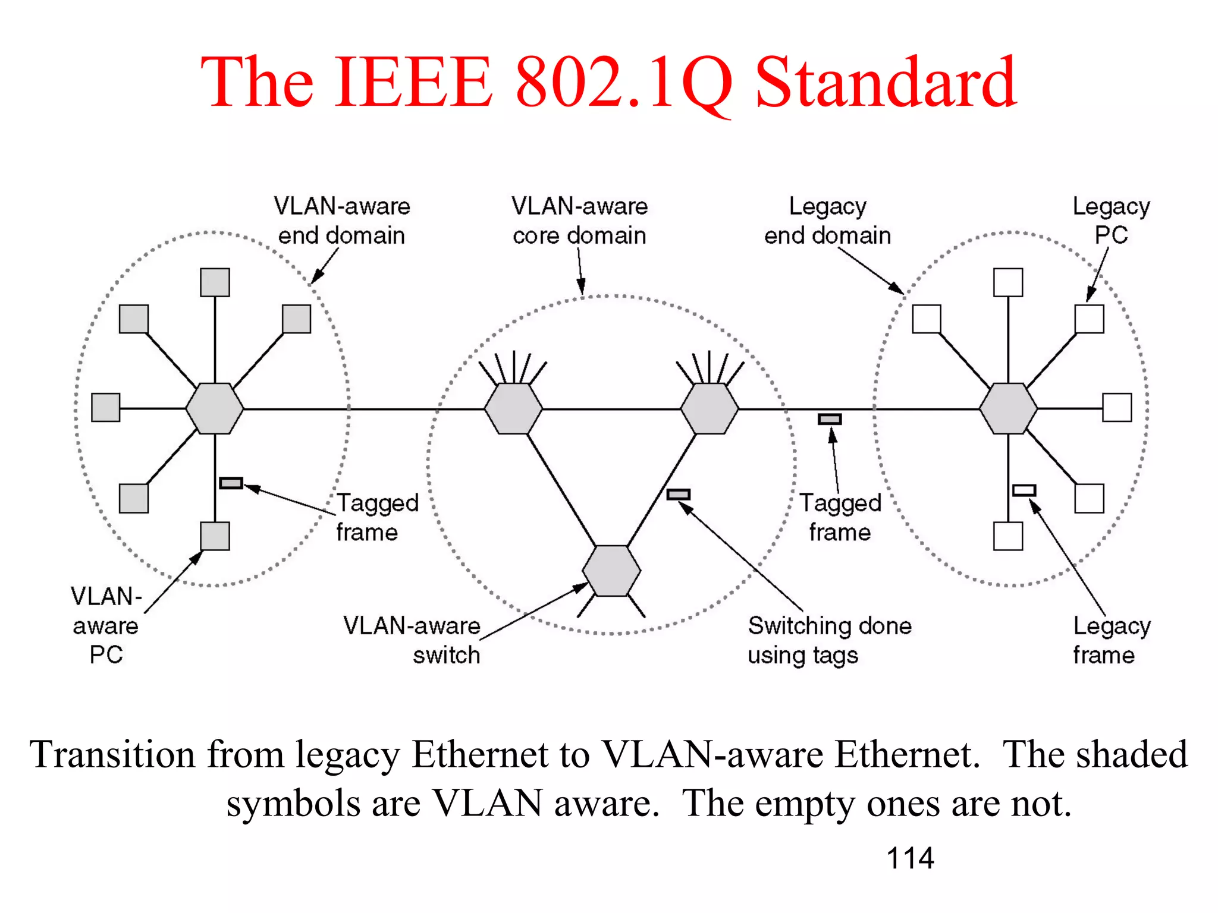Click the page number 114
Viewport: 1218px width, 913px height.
pyautogui.click(x=909, y=858)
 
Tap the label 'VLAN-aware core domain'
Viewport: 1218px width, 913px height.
pyautogui.click(x=579, y=221)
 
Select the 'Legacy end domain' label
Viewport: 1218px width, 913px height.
pyautogui.click(x=827, y=221)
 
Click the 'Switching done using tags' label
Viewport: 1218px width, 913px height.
pyautogui.click(x=829, y=640)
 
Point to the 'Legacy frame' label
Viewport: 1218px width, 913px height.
pyautogui.click(x=1111, y=640)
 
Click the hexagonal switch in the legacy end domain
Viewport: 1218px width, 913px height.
pyautogui.click(x=1008, y=409)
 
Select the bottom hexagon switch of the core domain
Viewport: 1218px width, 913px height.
pyautogui.click(x=611, y=571)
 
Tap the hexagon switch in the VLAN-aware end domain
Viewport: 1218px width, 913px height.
pyautogui.click(x=215, y=409)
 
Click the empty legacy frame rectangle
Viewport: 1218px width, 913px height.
pyautogui.click(x=1024, y=490)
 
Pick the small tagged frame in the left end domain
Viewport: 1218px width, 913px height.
pyautogui.click(x=231, y=483)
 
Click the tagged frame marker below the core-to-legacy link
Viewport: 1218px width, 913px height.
pyautogui.click(x=830, y=419)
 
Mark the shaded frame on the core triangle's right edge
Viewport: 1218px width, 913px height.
pyautogui.click(x=678, y=495)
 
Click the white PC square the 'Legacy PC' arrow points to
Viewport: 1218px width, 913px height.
pyautogui.click(x=1089, y=319)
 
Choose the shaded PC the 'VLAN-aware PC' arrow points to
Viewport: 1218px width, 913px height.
pyautogui.click(x=215, y=536)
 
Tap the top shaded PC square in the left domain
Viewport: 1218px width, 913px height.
pyautogui.click(x=215, y=282)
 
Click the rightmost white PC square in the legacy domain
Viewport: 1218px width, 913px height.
pyautogui.click(x=1116, y=408)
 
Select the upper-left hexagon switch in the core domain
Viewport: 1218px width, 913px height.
pyautogui.click(x=513, y=409)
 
